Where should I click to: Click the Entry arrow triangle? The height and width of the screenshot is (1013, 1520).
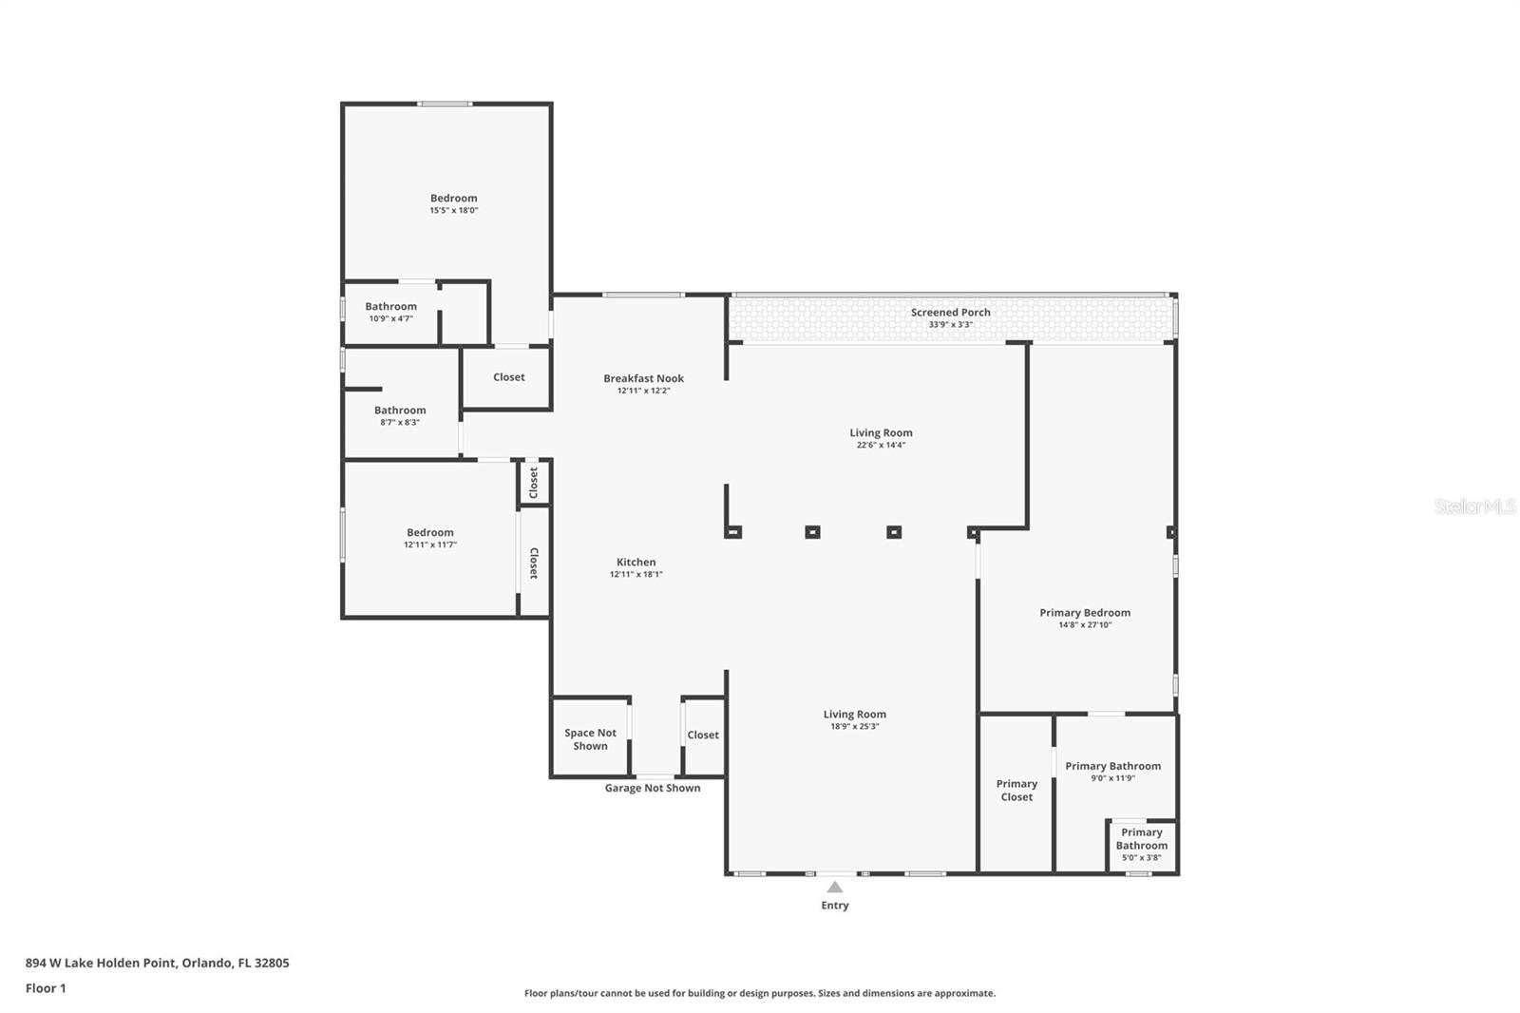point(834,888)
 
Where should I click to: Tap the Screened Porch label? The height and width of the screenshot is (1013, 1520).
point(950,312)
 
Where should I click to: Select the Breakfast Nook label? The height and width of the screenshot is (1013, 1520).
point(643,378)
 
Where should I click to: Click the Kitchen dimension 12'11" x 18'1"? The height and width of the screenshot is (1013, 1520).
point(636,574)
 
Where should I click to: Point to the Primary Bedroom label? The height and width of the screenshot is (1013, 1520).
point(1085,613)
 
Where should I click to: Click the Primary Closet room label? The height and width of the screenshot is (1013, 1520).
point(1016,791)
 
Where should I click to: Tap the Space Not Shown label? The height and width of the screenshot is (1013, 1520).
point(590,739)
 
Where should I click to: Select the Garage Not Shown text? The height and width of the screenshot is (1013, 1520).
point(653,788)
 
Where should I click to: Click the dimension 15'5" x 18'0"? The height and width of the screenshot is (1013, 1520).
point(453,210)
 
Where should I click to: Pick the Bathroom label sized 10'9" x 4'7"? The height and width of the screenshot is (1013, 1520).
point(390,306)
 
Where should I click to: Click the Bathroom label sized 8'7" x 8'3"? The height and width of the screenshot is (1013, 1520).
point(400,411)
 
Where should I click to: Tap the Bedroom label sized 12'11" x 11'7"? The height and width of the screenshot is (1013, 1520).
point(429,532)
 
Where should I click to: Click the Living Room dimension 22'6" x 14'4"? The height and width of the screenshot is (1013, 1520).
point(881,445)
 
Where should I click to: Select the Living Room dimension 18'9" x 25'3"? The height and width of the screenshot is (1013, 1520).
point(854,726)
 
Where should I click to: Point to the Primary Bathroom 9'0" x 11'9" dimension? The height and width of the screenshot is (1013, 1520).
point(1112,778)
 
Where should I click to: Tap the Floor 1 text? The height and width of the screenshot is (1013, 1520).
point(46,988)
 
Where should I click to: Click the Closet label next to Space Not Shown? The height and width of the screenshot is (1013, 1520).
point(703,735)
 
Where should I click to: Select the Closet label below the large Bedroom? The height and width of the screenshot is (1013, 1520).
point(508,377)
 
